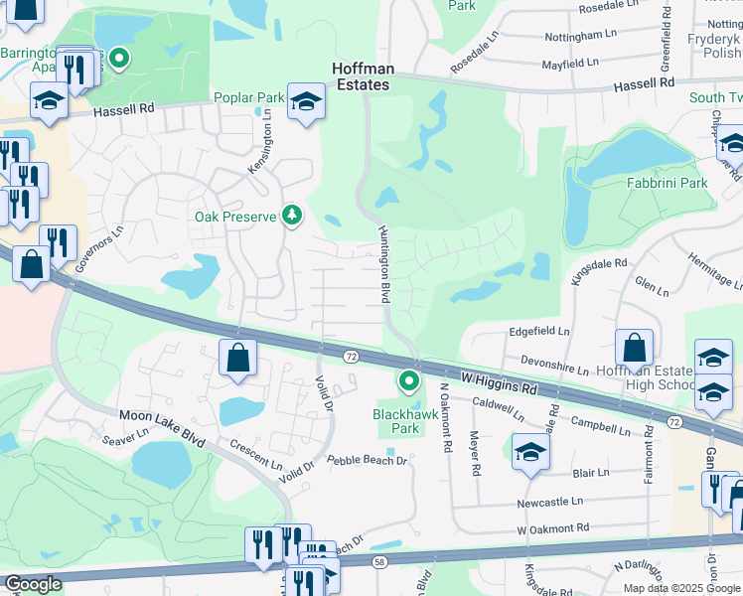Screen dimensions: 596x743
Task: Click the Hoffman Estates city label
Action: [x=363, y=77]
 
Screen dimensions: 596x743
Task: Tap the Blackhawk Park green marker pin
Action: [x=408, y=379]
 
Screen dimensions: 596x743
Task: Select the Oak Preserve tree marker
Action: [x=292, y=215]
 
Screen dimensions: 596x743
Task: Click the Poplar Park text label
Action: [x=249, y=99]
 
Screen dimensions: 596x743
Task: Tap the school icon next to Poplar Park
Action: [x=307, y=101]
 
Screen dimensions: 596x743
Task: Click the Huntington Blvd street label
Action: [x=383, y=263]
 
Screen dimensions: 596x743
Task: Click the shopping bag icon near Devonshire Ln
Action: [x=634, y=347]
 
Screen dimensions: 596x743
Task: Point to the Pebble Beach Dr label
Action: [x=368, y=461]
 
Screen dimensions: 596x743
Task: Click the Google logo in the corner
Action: [x=33, y=584]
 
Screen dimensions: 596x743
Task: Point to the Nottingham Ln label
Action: [x=586, y=35]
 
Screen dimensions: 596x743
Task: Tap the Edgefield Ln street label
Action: [x=539, y=331]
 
